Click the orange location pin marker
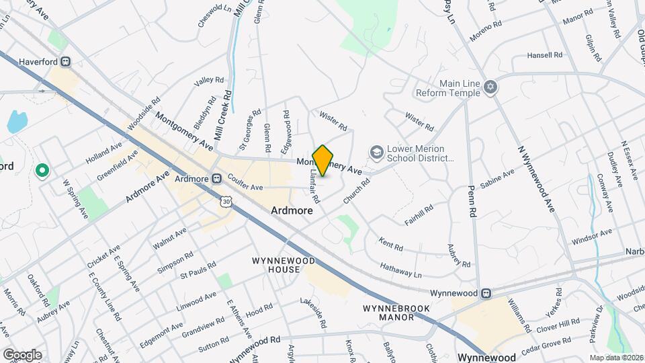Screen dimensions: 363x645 pyautogui.click(x=323, y=161)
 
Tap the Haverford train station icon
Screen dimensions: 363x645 pyautogui.click(x=66, y=61)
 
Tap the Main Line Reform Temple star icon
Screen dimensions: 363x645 pyautogui.click(x=490, y=87)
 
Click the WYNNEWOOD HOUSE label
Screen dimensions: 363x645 pyautogui.click(x=276, y=265)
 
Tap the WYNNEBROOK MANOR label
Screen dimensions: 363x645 pyautogui.click(x=396, y=312)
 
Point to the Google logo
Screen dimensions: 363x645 pyautogui.click(x=22, y=354)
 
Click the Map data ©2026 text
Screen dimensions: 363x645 pyautogui.click(x=615, y=357)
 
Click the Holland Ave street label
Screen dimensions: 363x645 pyautogui.click(x=102, y=151)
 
